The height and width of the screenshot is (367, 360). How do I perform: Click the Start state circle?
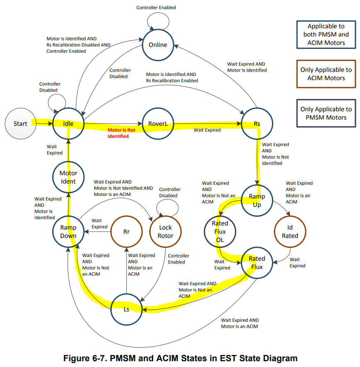(x=20, y=123)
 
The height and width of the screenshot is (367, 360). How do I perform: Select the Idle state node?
(x=68, y=123)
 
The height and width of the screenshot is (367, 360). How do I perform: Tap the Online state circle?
(x=158, y=44)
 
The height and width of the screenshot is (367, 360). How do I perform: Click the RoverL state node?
(x=158, y=123)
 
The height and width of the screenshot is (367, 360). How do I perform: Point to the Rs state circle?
(x=257, y=123)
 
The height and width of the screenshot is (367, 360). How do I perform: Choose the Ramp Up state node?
(x=257, y=200)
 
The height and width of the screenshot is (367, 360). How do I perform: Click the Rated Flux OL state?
(x=220, y=232)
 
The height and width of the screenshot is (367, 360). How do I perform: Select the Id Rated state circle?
(x=290, y=232)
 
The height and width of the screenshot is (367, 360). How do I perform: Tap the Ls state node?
(x=127, y=309)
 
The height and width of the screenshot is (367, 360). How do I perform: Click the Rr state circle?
(x=127, y=232)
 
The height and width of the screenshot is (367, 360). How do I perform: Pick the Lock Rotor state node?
(x=165, y=232)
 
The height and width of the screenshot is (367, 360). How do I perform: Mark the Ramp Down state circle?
(x=68, y=232)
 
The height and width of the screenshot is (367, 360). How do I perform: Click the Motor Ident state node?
(x=68, y=177)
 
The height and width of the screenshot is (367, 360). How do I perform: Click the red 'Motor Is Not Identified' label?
(x=121, y=133)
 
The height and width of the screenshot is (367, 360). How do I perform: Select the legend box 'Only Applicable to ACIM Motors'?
(x=326, y=74)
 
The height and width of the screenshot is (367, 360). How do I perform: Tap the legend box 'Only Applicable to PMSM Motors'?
(x=326, y=113)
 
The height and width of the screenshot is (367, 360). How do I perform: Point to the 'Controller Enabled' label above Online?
(x=156, y=7)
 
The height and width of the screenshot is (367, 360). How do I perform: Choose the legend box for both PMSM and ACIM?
(x=326, y=34)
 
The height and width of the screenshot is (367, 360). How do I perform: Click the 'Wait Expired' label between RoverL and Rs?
(x=207, y=130)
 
